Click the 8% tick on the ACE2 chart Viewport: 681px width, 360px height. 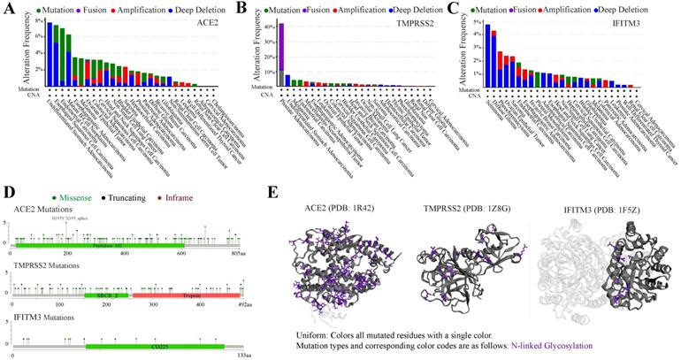(41, 19)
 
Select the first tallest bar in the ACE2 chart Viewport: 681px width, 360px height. (50, 54)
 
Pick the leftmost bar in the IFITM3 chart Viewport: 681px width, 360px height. (487, 56)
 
